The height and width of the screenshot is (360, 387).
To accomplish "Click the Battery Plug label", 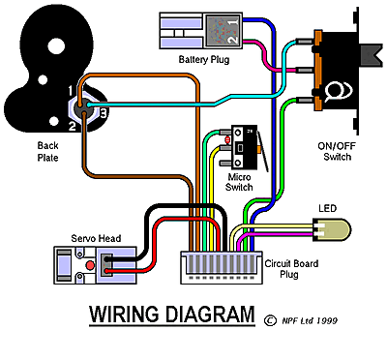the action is (204, 60).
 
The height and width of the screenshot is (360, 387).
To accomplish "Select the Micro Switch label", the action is (239, 182).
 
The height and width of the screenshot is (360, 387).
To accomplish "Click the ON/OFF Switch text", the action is (337, 151).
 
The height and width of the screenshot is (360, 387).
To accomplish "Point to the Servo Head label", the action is (96, 238).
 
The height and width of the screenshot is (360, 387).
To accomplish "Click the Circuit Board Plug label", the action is (291, 269).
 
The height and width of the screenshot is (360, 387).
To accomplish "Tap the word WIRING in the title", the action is (124, 315).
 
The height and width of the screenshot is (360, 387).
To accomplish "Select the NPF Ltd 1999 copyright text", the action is (310, 320).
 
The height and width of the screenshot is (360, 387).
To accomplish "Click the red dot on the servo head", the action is (90, 265).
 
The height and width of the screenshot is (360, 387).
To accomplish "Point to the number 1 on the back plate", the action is (71, 91).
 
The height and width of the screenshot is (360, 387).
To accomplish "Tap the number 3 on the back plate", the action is (103, 113).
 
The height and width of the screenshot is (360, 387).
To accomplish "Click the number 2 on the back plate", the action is (72, 126).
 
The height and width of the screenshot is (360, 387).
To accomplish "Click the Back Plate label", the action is (47, 152).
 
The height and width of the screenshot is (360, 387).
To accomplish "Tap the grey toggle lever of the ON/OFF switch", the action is (372, 55).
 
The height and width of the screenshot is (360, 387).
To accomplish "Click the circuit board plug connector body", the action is (222, 268).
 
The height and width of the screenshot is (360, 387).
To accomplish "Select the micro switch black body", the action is (244, 147).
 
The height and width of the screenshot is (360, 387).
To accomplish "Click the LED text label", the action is (327, 208).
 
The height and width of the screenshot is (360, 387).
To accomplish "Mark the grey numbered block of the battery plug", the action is (223, 31).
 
